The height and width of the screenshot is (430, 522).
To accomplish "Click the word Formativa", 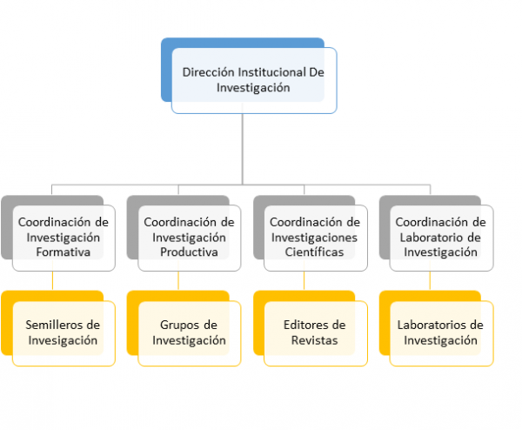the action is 64,252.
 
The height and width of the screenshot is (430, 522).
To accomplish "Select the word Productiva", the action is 189,252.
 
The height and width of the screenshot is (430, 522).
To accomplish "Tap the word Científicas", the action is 314,252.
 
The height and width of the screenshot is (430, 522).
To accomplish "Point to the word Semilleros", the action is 54,325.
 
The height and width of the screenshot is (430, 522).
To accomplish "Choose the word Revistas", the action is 315,340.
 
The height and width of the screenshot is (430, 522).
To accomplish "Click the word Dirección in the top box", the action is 209,72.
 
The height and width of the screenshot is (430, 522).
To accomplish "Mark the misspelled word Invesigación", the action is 63,340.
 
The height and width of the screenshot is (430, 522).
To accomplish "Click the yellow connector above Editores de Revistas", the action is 304,281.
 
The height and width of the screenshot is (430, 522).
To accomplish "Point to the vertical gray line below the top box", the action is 243,149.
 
